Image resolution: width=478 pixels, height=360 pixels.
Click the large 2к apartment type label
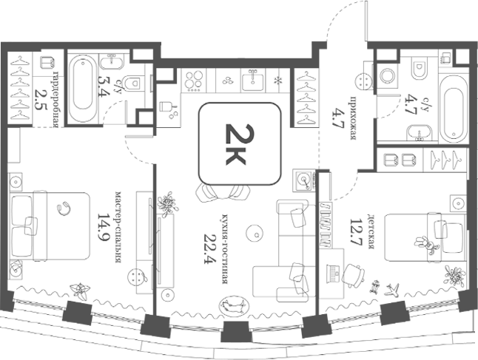235,144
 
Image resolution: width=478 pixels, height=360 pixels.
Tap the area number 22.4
209,249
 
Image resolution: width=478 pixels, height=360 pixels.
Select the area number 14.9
103,227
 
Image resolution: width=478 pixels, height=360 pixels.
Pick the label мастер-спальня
118,227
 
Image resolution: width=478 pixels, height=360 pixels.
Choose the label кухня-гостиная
225,249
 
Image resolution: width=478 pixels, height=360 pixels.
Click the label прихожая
354,118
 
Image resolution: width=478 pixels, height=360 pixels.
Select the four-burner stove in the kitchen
194,81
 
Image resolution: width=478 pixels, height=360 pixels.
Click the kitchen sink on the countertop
253,80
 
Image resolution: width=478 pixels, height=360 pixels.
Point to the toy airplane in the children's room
392,290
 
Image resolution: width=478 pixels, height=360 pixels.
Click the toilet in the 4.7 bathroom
420,69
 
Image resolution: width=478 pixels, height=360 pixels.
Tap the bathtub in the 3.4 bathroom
81,88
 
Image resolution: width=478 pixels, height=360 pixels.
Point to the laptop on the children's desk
332,273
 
